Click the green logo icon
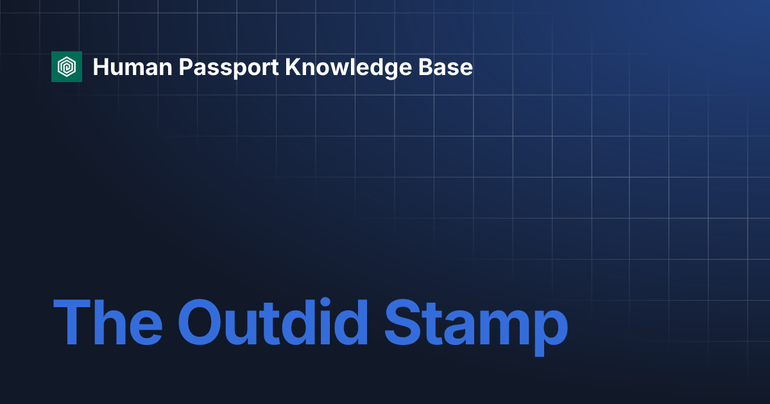click(67, 67)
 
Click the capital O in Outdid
click(203, 322)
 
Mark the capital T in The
click(71, 322)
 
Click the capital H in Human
click(100, 67)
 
